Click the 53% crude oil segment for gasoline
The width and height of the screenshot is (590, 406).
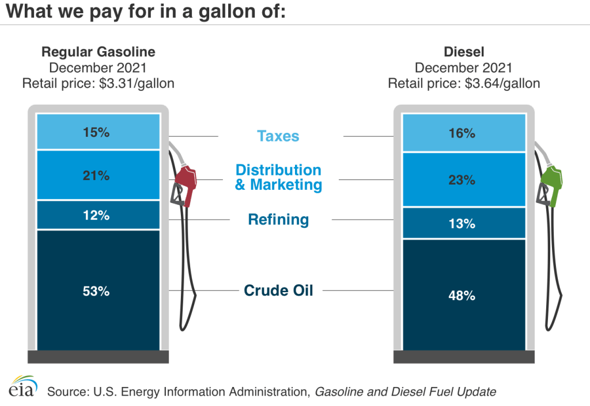click(x=98, y=290)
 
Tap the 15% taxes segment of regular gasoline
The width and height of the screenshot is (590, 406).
click(x=98, y=132)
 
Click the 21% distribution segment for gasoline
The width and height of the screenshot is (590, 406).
click(x=98, y=175)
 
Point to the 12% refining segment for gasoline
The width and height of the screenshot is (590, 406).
click(x=98, y=216)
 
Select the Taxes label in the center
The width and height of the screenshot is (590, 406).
click(x=278, y=136)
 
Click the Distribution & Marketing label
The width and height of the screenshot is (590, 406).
click(x=278, y=177)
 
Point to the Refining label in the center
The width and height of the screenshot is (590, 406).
click(x=278, y=219)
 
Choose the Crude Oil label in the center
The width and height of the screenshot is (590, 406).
click(x=278, y=290)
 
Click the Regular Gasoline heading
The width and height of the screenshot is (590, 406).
click(x=98, y=52)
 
